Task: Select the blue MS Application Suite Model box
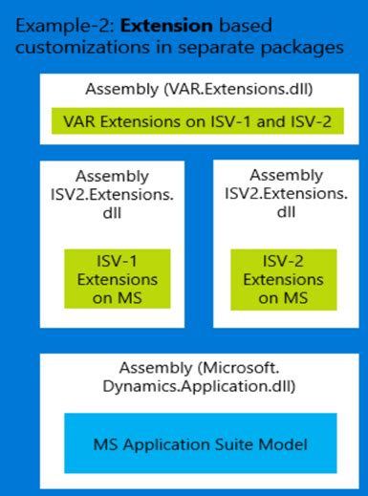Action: [x=184, y=442]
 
